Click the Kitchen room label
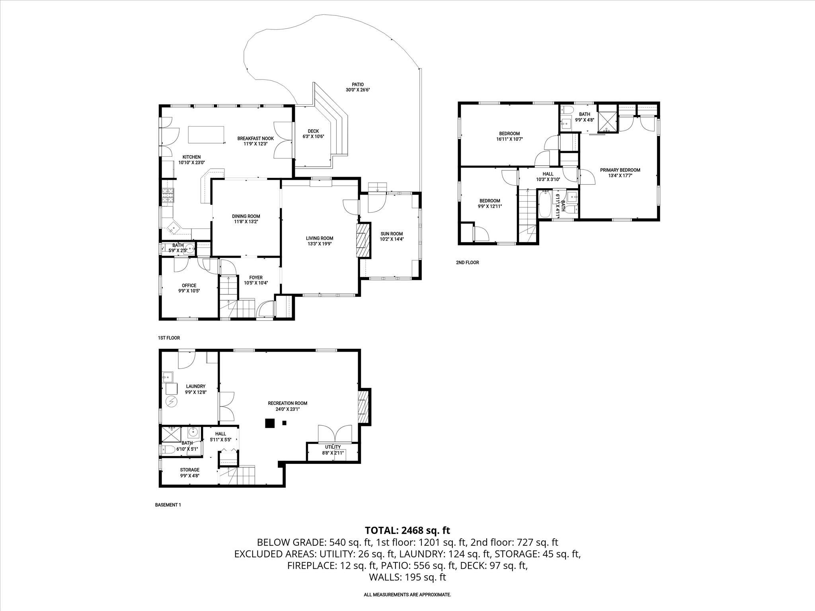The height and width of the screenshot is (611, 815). point(191,157)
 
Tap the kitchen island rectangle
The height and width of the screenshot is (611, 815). point(206,134)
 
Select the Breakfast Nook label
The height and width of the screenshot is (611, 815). point(255,138)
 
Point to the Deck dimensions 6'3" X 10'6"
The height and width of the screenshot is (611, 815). point(313,136)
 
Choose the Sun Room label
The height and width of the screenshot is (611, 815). point(392,234)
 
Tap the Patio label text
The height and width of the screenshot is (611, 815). point(357,84)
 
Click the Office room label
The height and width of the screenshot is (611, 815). point(189,285)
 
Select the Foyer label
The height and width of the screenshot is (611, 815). point(256,278)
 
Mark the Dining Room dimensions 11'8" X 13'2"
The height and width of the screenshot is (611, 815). point(246,222)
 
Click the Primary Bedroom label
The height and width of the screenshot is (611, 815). point(620,170)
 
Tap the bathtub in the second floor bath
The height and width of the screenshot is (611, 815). point(545,204)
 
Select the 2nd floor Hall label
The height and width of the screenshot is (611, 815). point(548,174)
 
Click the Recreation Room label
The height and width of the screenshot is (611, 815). point(287,403)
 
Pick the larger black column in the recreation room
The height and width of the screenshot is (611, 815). point(270,423)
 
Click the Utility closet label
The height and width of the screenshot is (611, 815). point(333,447)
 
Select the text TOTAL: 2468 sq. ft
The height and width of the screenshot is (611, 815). point(407,530)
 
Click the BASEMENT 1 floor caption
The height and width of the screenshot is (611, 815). point(168,505)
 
